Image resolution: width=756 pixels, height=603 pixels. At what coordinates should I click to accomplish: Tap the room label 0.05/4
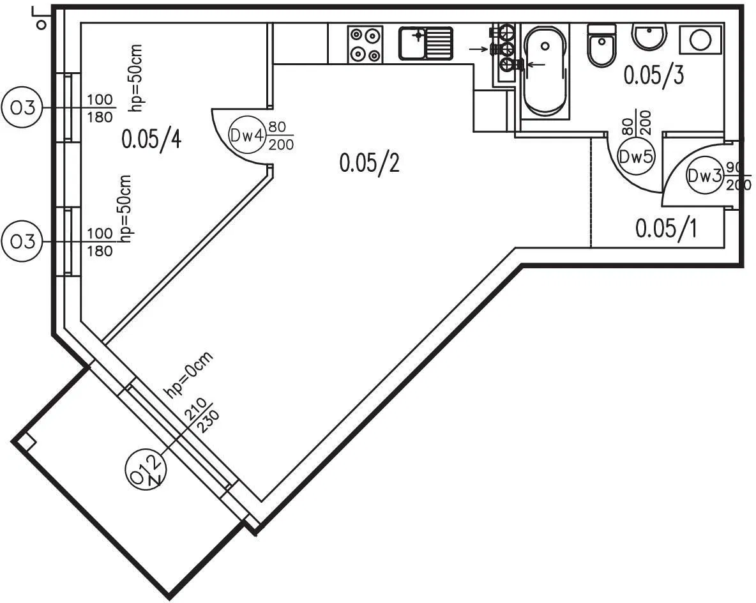[151, 139]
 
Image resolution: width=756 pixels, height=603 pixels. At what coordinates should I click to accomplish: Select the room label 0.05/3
[654, 75]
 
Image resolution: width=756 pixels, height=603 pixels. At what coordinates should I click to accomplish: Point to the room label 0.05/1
[665, 228]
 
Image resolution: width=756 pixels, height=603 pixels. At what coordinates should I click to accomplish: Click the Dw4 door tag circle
[247, 135]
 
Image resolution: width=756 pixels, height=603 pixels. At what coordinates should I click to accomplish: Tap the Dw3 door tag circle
[704, 176]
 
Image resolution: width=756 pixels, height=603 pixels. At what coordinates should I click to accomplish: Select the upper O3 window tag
[22, 108]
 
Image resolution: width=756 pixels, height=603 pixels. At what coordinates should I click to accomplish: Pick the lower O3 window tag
[22, 241]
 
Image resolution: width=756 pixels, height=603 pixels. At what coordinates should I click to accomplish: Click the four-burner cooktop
[365, 44]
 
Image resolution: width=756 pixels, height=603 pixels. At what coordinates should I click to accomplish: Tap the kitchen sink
[426, 43]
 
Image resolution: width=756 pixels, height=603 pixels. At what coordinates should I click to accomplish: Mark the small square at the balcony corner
[26, 442]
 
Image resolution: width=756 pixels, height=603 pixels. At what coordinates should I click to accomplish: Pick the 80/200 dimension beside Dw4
[281, 135]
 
